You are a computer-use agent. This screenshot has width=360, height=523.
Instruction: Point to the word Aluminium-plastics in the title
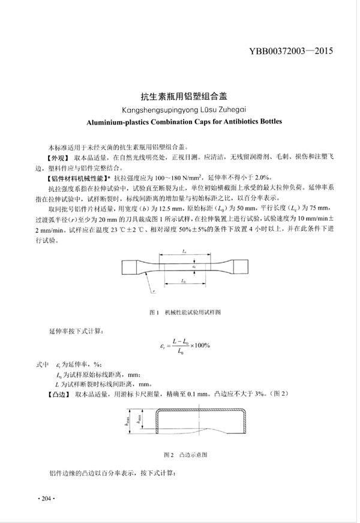pyautogui.click(x=113, y=120)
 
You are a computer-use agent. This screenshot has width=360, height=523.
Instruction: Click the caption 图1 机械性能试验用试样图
pyautogui.click(x=185, y=312)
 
